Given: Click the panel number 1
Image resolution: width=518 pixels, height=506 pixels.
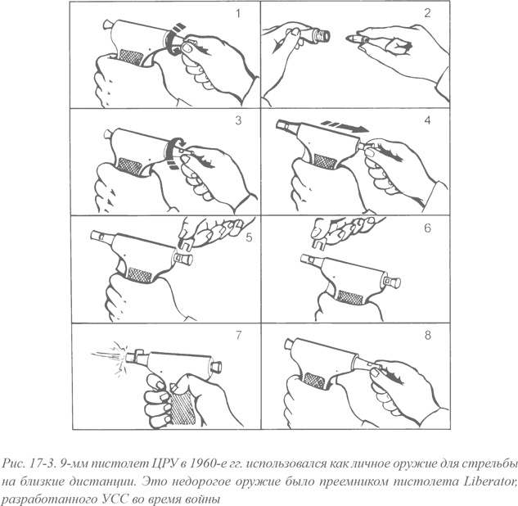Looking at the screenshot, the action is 238,14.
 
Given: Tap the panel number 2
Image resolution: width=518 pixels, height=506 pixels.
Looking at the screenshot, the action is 427,13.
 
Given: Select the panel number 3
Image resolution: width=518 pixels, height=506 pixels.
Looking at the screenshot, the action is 238,120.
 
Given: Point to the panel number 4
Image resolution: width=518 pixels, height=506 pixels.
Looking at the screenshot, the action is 427,120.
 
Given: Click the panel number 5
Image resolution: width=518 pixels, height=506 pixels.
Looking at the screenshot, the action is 249,237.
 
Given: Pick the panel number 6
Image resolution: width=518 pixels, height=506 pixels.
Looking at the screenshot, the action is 427,228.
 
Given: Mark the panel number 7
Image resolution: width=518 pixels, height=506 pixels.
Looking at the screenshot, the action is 238,335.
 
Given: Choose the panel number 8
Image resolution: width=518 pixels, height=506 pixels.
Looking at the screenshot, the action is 427,335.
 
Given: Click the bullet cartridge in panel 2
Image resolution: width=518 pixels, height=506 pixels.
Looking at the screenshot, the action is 357,38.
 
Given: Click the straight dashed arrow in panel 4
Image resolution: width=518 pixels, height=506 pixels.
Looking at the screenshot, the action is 345,127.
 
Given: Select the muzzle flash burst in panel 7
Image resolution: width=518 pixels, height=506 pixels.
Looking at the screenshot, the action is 110,356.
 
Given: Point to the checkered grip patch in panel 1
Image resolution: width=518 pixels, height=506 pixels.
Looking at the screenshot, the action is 131,56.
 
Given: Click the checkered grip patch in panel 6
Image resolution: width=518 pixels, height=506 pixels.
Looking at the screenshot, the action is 351,298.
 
